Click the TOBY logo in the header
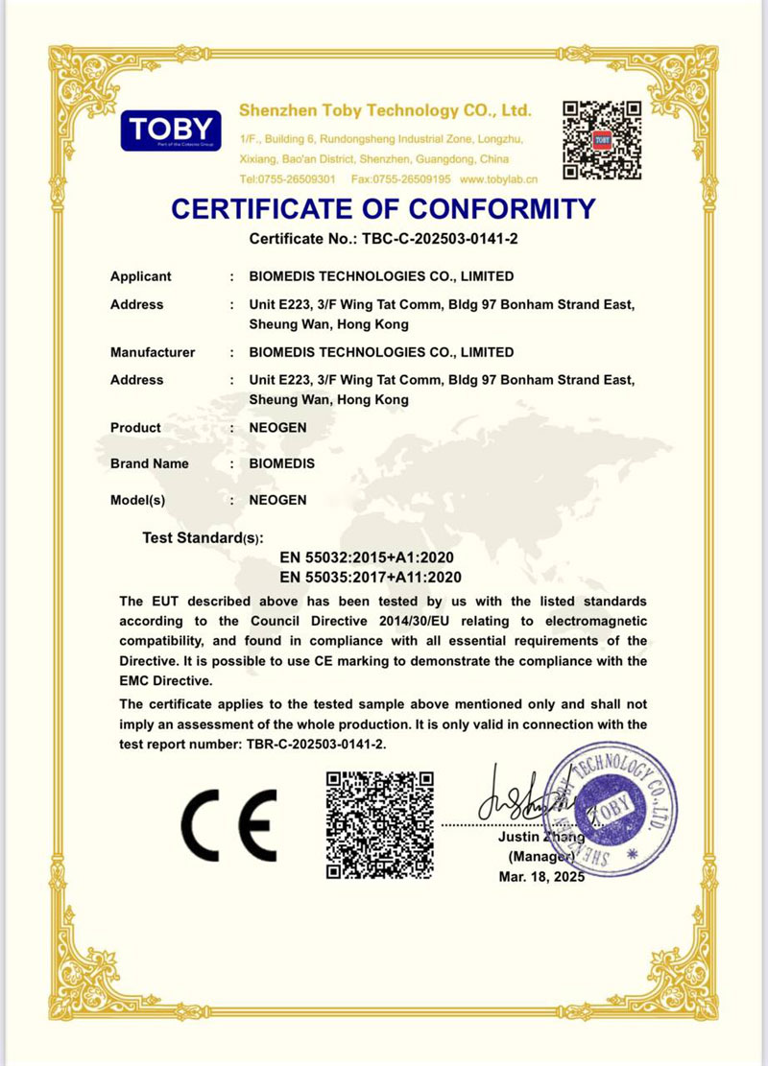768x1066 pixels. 171,131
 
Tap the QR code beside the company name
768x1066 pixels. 601,140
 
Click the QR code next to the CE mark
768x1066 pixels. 379,824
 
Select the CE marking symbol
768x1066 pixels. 229,824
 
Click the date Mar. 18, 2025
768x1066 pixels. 541,877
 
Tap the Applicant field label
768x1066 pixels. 141,276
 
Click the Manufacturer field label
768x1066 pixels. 153,352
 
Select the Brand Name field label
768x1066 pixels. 150,463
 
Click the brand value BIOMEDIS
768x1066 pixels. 282,463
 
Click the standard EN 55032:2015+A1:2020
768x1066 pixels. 366,557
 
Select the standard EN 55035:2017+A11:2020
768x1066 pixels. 371,577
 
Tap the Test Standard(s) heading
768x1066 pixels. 203,537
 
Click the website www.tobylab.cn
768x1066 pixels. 498,179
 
